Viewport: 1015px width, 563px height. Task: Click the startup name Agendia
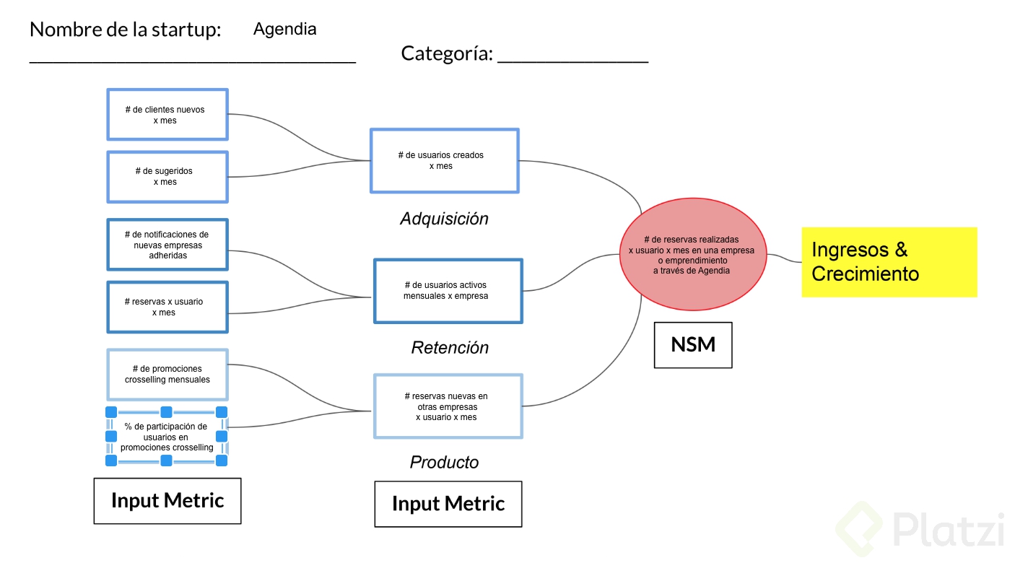pos(284,30)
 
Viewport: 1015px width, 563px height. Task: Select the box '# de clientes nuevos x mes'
pos(167,115)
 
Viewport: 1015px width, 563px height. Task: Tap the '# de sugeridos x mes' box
pos(167,177)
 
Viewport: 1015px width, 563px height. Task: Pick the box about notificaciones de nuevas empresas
pos(167,245)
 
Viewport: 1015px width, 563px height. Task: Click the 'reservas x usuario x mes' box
pos(167,307)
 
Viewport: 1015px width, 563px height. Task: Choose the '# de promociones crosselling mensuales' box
pos(167,374)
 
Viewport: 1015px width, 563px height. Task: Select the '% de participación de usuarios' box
pos(167,437)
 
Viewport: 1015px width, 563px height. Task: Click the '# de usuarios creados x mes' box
pos(445,160)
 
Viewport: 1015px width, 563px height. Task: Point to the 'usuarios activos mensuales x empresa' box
pos(448,291)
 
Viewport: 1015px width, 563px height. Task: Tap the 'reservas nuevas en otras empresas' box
pos(448,406)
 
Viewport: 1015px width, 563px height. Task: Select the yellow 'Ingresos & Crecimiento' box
pos(889,262)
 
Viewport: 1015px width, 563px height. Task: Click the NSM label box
pos(693,345)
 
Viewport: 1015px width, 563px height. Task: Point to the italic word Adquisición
pos(444,219)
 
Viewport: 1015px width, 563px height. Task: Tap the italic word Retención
pos(450,348)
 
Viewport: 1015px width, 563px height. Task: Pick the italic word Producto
pos(444,463)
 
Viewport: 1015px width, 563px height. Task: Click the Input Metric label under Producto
pos(448,504)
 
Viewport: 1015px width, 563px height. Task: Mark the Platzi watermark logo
pos(920,529)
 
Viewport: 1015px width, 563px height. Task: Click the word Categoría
pos(447,53)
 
